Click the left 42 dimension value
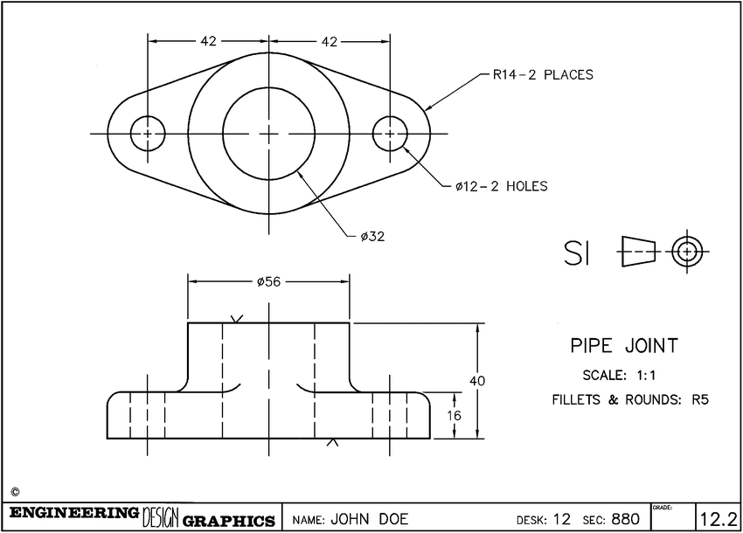(x=208, y=41)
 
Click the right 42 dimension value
(x=330, y=41)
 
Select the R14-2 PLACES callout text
(x=542, y=75)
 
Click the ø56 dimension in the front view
(x=269, y=281)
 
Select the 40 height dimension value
(x=477, y=381)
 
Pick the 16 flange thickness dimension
(x=454, y=415)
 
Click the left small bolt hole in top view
(x=148, y=133)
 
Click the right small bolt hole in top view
(x=390, y=133)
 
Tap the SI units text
(x=578, y=253)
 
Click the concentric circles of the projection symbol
(x=687, y=252)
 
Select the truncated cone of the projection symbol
(x=637, y=251)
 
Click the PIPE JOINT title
(x=623, y=346)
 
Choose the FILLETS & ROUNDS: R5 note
(x=629, y=401)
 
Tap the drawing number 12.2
(x=719, y=519)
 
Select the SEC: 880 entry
(x=612, y=519)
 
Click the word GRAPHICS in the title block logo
(x=229, y=521)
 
